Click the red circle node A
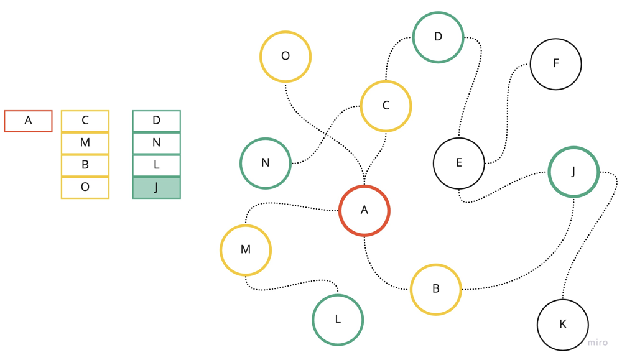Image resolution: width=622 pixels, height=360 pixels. tap(364, 211)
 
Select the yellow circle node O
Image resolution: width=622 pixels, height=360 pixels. tap(285, 57)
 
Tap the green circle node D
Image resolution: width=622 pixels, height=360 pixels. tap(438, 37)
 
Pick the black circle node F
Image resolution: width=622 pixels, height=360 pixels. tap(555, 63)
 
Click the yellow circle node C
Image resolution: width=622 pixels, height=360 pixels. tap(386, 106)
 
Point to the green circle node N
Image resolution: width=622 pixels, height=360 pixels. tap(266, 163)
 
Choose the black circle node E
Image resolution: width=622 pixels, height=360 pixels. tap(459, 163)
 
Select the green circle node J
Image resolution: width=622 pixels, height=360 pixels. tap(573, 172)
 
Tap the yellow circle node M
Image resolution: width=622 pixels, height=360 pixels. tap(246, 250)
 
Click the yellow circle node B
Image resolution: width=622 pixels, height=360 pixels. tap(436, 289)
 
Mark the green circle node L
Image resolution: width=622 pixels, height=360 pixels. tap(338, 320)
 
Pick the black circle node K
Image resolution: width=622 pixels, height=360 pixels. tap(563, 325)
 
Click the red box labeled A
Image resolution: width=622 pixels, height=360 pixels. tap(28, 121)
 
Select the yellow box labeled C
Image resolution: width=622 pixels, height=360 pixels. tap(85, 121)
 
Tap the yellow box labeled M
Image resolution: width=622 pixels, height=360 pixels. tap(85, 143)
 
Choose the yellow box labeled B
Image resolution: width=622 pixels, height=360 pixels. tap(85, 165)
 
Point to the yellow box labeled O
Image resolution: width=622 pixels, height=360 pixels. tap(85, 187)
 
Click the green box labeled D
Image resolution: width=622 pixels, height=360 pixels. tap(157, 121)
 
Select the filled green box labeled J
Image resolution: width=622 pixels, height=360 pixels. tap(157, 187)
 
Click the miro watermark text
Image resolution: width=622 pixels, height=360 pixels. tap(597, 343)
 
